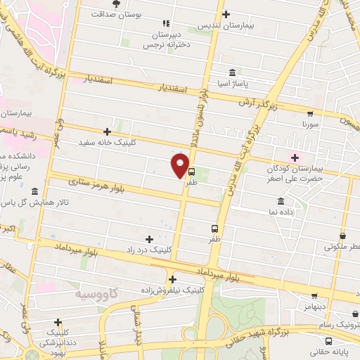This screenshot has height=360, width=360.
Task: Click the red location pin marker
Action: tap(180, 166)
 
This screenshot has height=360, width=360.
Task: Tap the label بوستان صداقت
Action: tap(117, 13)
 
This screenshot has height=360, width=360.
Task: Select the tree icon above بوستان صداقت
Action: tap(116, 4)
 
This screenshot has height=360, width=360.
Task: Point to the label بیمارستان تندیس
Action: tap(225, 25)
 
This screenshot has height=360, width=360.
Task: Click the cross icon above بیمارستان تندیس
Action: tap(225, 14)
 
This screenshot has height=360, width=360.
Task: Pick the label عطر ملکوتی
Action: tap(342, 247)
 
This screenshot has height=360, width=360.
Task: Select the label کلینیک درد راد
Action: tap(148, 250)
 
